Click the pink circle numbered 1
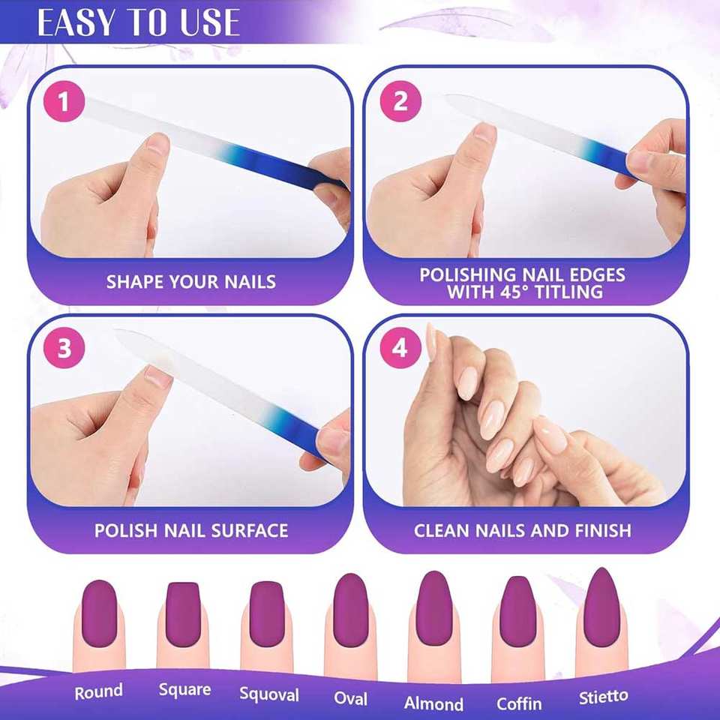pyautogui.click(x=64, y=101)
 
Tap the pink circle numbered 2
pyautogui.click(x=400, y=101)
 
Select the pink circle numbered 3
pyautogui.click(x=64, y=347)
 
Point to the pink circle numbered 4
pyautogui.click(x=400, y=347)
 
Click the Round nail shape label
pyautogui.click(x=99, y=691)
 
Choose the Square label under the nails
pyautogui.click(x=184, y=690)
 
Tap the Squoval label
pyautogui.click(x=269, y=694)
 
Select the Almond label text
pyautogui.click(x=433, y=703)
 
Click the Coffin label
pyautogui.click(x=519, y=703)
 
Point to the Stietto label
pyautogui.click(x=603, y=697)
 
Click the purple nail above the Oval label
pyautogui.click(x=351, y=610)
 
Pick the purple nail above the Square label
pyautogui.click(x=183, y=614)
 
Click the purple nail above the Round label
pyautogui.click(x=99, y=613)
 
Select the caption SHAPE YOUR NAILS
pyautogui.click(x=191, y=281)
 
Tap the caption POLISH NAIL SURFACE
pyautogui.click(x=191, y=530)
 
